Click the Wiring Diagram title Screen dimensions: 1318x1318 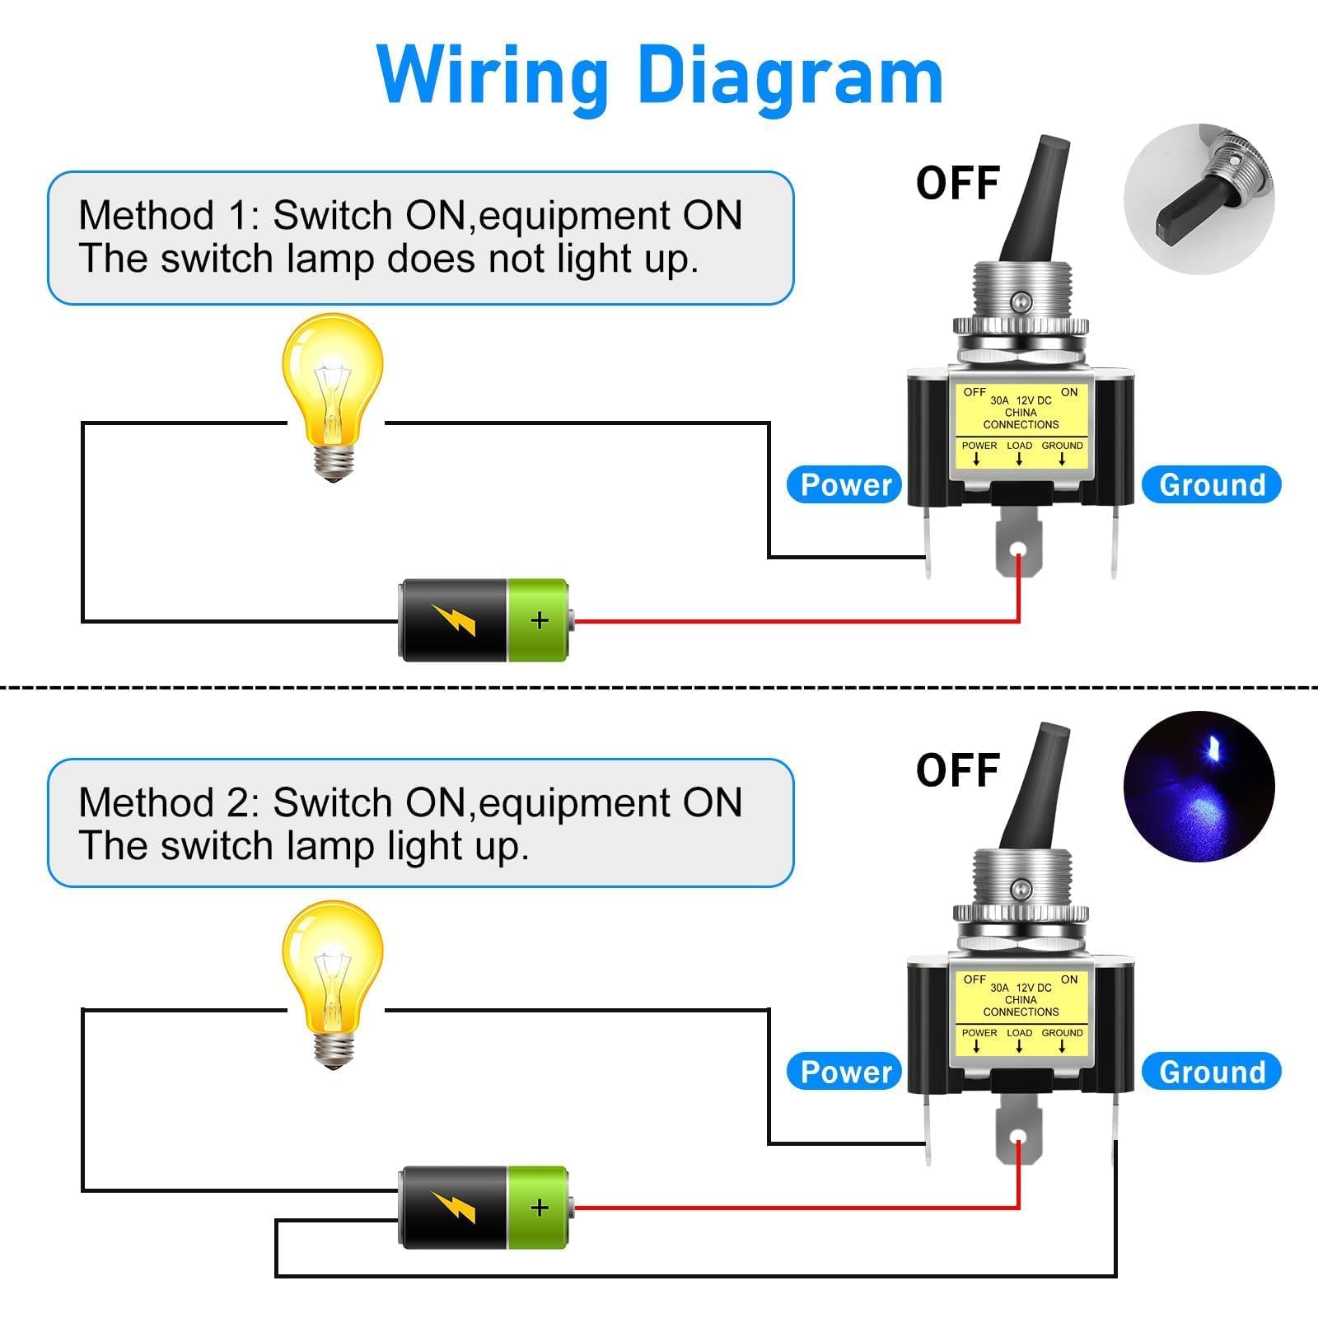[x=660, y=76]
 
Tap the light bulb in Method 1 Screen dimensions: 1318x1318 [x=333, y=395]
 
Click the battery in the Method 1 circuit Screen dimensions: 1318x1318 [x=484, y=620]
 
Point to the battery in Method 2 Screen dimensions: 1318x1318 [x=484, y=1208]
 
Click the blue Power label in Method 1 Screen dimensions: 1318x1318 [x=846, y=484]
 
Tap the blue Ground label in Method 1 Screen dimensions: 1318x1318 [x=1212, y=484]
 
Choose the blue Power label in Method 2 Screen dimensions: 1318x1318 [x=846, y=1072]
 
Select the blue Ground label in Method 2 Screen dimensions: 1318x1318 [x=1212, y=1072]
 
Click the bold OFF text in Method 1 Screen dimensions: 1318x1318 [x=958, y=183]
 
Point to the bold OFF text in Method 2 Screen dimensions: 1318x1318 [x=958, y=770]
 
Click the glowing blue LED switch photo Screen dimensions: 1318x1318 [x=1199, y=786]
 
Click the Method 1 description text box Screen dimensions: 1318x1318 [x=420, y=237]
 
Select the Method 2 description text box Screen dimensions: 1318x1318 [x=420, y=824]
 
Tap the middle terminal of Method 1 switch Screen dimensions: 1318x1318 [x=1018, y=548]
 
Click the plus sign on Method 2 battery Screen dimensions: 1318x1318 [x=540, y=1208]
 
